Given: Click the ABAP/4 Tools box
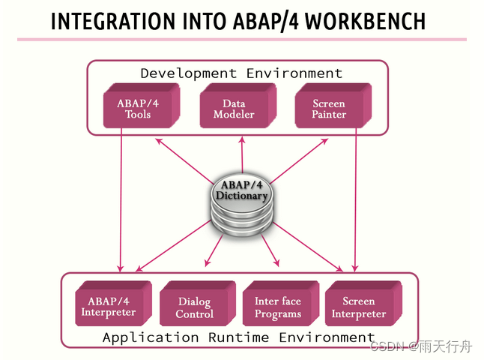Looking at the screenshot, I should click(138, 109).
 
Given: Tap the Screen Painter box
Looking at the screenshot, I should click(329, 109).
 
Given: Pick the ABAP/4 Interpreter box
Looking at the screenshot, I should click(109, 304).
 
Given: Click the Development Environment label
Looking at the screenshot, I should click(241, 73).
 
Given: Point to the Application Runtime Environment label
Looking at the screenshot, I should click(238, 337).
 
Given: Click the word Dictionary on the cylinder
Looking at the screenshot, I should click(241, 196).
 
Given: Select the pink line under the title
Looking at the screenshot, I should click(241, 39).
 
